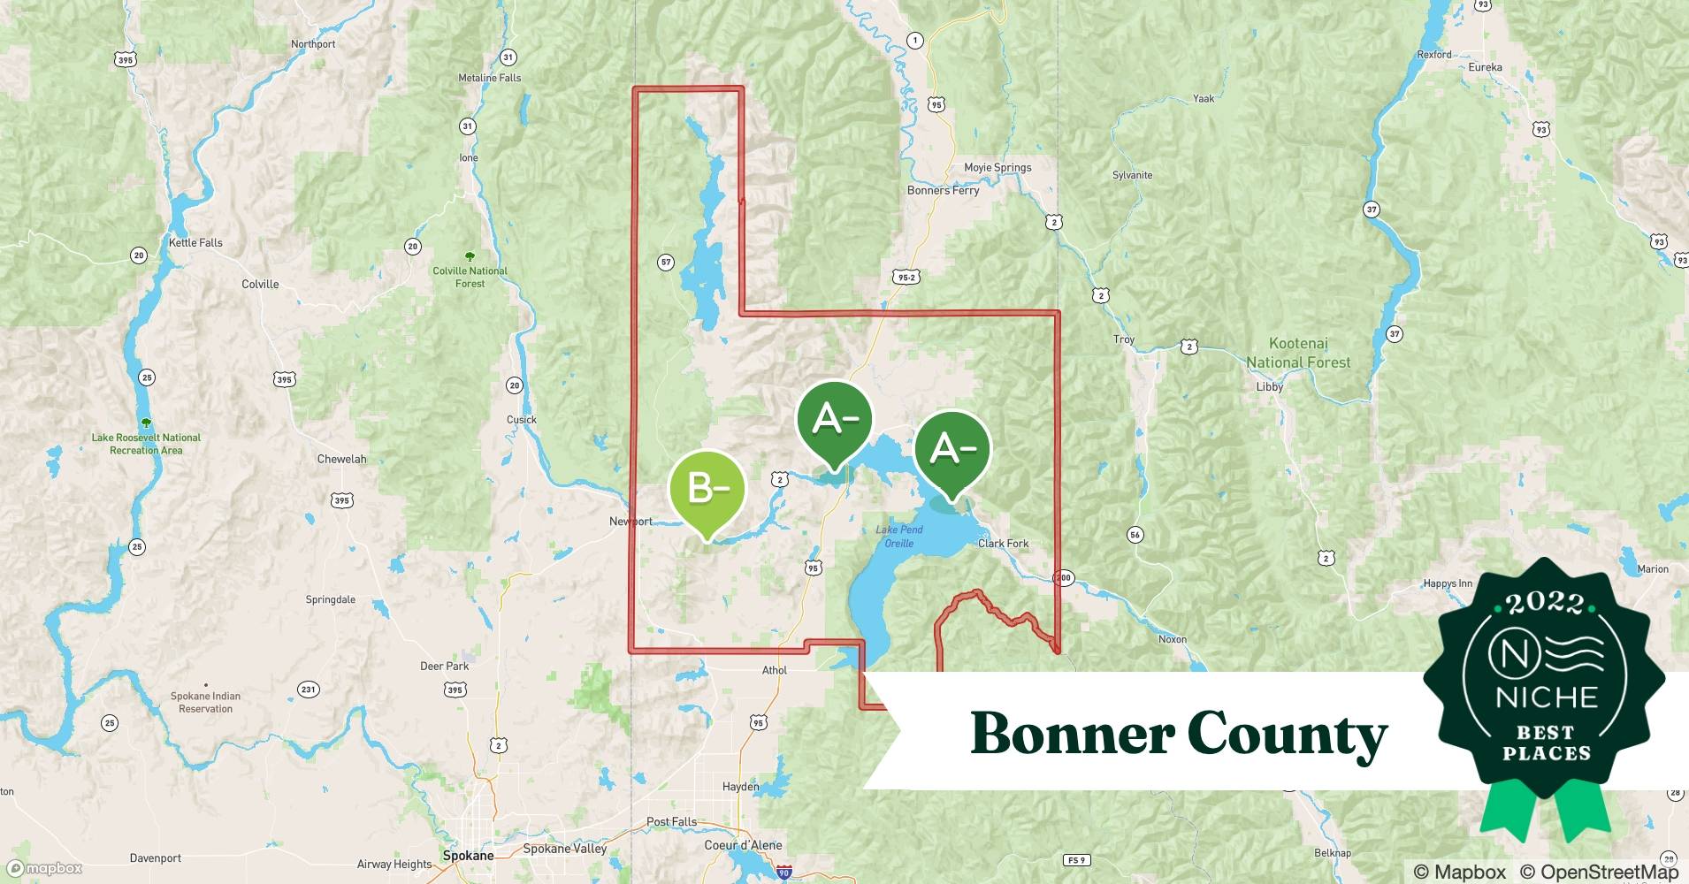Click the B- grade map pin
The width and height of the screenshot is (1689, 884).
[x=707, y=489]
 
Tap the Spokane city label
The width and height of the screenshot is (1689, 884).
[x=468, y=856]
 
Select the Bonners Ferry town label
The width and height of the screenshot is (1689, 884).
[x=943, y=190]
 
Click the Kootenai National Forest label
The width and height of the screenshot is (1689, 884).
[x=1298, y=353]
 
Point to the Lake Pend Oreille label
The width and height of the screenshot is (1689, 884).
[x=899, y=537]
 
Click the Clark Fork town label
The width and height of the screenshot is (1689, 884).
[x=1003, y=544]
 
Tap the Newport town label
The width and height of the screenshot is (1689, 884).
[x=631, y=522]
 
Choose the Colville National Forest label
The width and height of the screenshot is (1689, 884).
[x=470, y=277]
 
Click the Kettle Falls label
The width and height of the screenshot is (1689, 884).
[x=195, y=242]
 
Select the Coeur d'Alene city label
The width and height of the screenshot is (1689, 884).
[x=743, y=845]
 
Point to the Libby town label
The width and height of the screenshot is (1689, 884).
[x=1269, y=387]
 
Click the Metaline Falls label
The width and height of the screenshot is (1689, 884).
[x=489, y=78]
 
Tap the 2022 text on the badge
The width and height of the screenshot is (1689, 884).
[x=1545, y=603]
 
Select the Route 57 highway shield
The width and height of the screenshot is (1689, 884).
[x=666, y=263]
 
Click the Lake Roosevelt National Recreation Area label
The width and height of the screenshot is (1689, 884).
[x=146, y=444]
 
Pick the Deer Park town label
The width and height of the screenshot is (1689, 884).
[x=444, y=667]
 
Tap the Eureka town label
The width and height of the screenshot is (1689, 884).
[x=1485, y=67]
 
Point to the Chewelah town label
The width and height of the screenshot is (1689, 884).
[x=341, y=459]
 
